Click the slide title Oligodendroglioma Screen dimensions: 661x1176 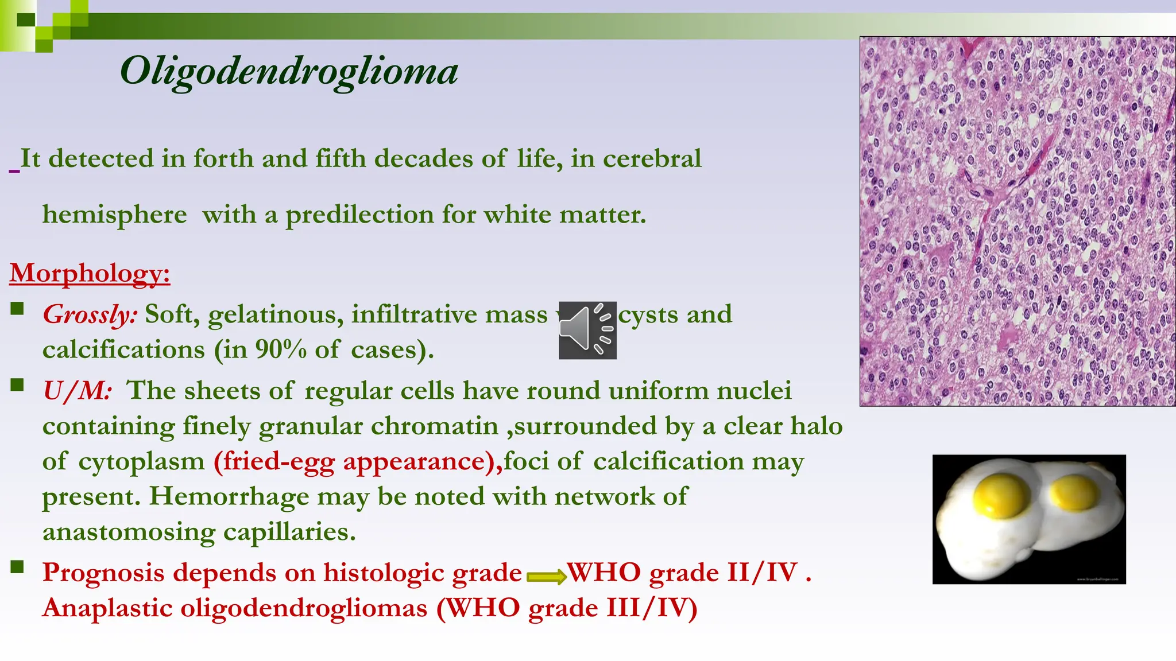tap(289, 72)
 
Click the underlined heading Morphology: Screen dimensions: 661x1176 tap(90, 273)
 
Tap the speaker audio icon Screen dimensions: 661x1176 tap(587, 330)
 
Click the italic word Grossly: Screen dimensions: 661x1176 tap(90, 314)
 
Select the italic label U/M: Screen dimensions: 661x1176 tap(77, 391)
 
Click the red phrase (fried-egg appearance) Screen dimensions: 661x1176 tap(357, 461)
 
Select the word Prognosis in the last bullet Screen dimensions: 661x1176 tap(103, 573)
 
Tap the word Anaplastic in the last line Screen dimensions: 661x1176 tap(107, 608)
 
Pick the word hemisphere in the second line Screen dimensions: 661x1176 tap(114, 215)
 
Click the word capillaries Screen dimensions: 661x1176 tap(289, 532)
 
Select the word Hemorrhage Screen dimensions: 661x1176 tap(229, 496)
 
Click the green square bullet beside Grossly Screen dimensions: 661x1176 tap(17, 309)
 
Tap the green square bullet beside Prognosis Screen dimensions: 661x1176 tap(17, 567)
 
